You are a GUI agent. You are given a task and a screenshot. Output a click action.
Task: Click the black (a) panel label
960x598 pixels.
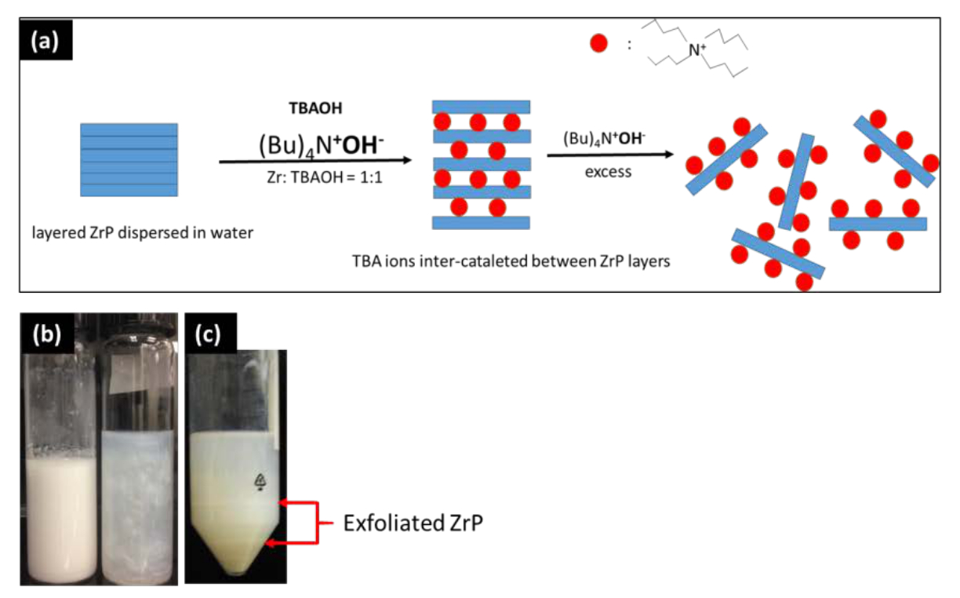[45, 39]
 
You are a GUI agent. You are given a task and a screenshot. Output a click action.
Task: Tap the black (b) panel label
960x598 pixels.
[47, 333]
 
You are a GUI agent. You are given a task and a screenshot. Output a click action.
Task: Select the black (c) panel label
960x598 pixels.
[210, 333]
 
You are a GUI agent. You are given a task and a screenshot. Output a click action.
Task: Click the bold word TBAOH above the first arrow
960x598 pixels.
[315, 108]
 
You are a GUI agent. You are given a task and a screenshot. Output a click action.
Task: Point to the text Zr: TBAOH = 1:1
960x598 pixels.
[324, 177]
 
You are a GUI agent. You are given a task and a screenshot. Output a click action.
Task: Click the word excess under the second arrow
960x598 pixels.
[608, 172]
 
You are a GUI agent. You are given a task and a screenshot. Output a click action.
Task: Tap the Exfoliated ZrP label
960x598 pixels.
[413, 523]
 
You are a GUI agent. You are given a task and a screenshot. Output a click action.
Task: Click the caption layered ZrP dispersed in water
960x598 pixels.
[142, 233]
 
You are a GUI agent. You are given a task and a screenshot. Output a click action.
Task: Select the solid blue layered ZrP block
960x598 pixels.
[129, 160]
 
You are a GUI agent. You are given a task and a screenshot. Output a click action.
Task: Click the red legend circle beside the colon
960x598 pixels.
[598, 43]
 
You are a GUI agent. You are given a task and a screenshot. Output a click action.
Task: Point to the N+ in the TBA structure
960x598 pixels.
[696, 49]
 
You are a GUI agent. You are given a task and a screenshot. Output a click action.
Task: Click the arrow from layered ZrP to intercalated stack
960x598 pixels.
[315, 161]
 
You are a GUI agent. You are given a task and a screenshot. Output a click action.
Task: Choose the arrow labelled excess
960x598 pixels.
[610, 155]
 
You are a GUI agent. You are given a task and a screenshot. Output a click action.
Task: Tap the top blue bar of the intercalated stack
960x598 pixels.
[481, 107]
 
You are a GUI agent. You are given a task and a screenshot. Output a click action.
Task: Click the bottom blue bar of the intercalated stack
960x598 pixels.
[481, 222]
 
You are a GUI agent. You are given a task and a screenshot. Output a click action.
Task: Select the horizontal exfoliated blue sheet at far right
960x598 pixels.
[878, 224]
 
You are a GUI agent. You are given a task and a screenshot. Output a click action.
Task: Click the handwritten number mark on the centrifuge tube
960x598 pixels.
[260, 482]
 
